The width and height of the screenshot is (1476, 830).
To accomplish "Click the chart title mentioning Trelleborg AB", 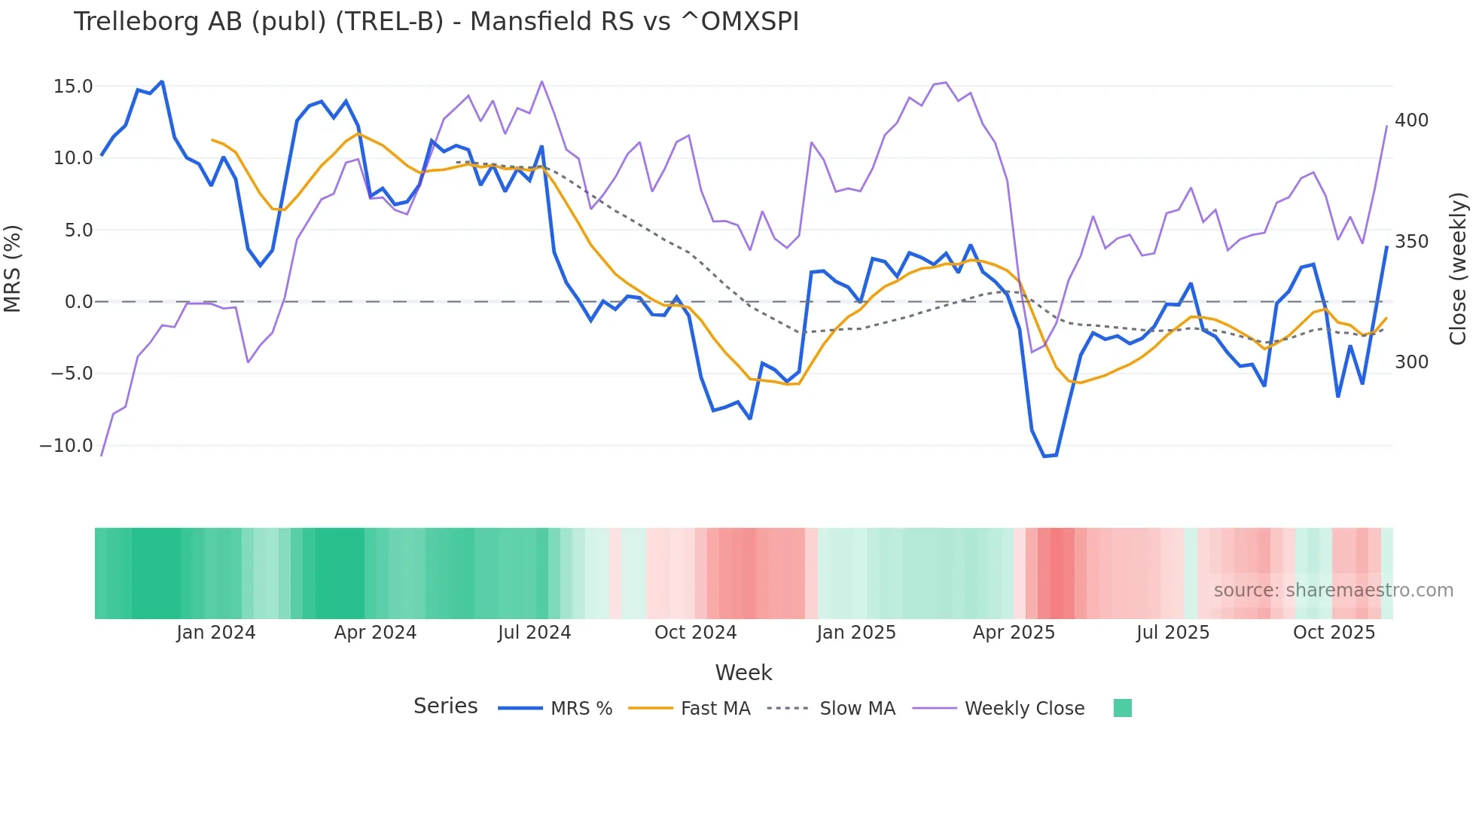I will click(436, 22).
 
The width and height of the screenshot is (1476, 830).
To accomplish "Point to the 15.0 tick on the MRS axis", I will click(73, 87).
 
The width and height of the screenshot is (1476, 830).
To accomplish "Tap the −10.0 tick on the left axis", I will click(66, 446).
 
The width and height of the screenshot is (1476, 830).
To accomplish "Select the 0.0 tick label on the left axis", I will click(78, 302).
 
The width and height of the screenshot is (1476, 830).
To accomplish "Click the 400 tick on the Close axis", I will click(1411, 121).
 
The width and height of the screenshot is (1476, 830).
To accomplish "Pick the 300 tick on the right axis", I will click(1411, 362).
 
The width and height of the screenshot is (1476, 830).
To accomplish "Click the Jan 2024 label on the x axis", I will click(216, 633).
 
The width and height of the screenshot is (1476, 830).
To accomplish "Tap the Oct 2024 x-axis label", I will click(695, 633).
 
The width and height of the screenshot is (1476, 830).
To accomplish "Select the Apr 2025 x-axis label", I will click(1014, 633).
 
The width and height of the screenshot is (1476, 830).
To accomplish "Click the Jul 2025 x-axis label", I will click(1173, 633).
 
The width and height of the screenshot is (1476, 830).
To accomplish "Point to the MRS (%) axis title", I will click(13, 269).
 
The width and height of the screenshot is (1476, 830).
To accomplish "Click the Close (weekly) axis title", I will click(1459, 269).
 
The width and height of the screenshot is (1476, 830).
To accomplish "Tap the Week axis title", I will click(743, 673).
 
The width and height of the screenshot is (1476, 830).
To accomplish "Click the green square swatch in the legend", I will click(1122, 708).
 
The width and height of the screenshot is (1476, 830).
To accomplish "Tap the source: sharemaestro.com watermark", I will click(1333, 590).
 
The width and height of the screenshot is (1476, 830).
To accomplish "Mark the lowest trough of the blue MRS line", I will click(1044, 456).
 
